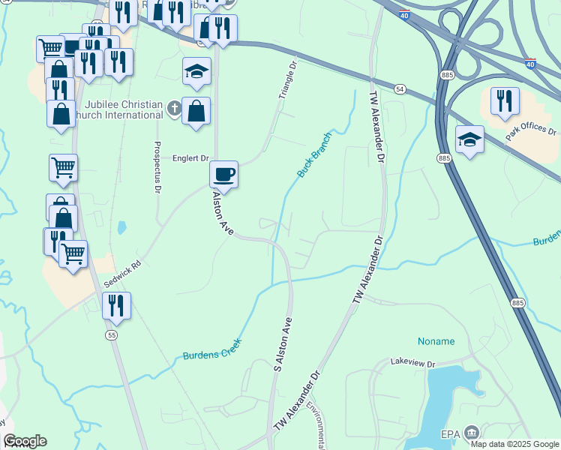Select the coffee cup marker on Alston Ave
(223, 175)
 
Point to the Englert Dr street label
(190, 158)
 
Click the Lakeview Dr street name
(412, 364)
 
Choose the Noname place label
(436, 341)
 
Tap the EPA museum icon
(472, 432)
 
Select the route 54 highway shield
(400, 89)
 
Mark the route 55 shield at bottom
(112, 334)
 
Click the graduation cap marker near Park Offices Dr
(469, 139)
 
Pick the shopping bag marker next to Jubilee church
(196, 112)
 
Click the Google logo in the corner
(25, 441)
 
